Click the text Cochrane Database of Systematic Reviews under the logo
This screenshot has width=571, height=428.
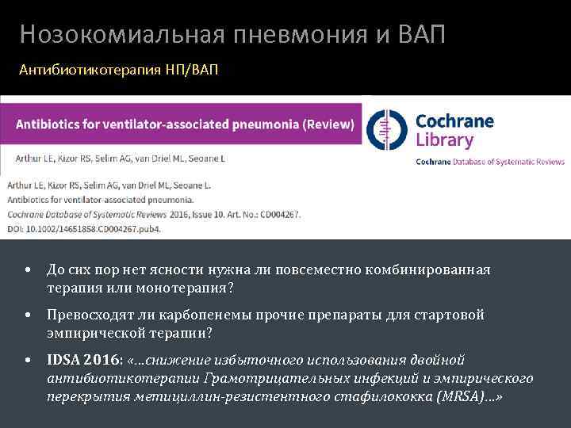click(x=490, y=162)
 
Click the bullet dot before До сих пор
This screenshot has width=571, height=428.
click(x=28, y=270)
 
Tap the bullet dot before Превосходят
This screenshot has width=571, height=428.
click(x=28, y=315)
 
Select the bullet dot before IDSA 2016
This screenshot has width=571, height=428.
click(x=28, y=361)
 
